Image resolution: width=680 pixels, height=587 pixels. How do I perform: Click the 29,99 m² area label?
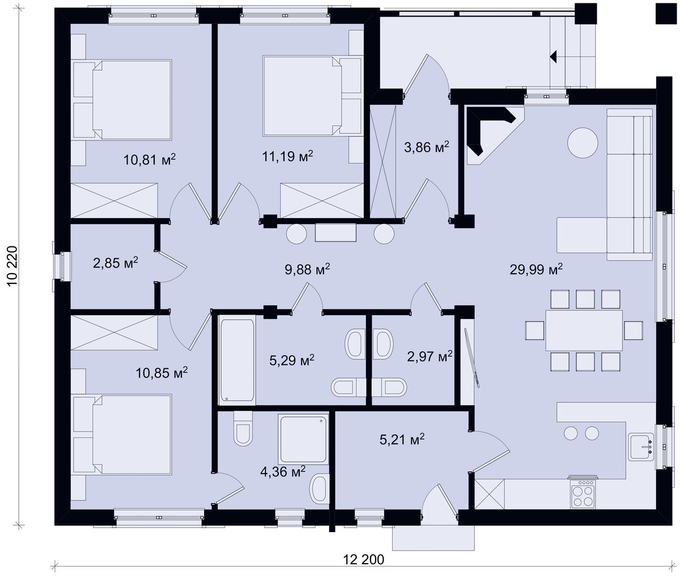click(536, 270)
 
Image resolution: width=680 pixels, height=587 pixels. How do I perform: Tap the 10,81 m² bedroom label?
click(150, 160)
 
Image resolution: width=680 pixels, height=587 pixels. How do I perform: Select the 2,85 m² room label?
click(115, 263)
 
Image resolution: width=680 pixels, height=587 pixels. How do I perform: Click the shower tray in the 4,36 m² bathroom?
click(303, 439)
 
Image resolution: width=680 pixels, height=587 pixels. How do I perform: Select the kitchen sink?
click(640, 447)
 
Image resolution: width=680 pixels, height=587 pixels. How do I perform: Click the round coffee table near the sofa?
click(583, 143)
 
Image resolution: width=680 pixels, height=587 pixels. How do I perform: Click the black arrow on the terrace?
click(553, 57)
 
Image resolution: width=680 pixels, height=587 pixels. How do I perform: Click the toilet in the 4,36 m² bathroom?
click(243, 428)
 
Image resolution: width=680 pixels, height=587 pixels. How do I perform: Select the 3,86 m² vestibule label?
click(426, 147)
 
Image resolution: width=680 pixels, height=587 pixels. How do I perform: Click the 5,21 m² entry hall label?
click(402, 439)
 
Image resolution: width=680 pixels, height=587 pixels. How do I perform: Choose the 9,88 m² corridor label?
click(307, 270)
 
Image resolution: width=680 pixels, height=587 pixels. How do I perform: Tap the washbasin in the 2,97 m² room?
click(383, 345)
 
